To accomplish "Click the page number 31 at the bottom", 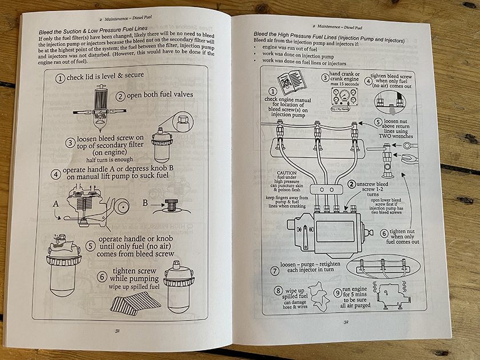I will tap(117, 330).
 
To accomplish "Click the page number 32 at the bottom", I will tap(346, 321).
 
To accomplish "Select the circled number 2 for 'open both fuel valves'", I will tap(120, 96).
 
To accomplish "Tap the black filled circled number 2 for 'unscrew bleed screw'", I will tap(351, 184).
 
